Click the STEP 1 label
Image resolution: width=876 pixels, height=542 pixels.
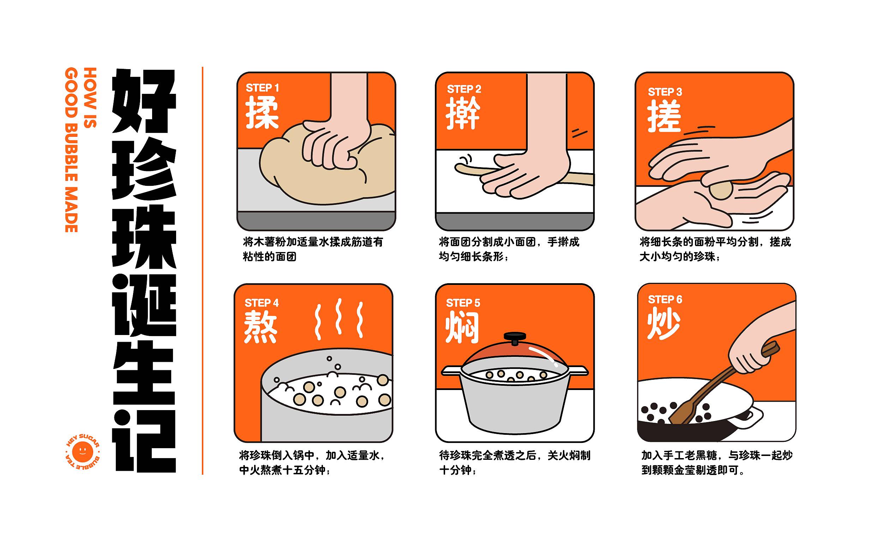262,88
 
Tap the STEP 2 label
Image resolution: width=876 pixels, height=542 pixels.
464,89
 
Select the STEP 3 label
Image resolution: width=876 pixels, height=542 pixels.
665,92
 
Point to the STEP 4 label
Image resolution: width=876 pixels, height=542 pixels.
262,303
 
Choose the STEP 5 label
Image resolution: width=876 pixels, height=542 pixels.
463,303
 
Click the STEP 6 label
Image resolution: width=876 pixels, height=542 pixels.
665,300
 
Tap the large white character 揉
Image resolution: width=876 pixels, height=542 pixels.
262,114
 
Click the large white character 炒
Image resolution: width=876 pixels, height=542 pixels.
664,324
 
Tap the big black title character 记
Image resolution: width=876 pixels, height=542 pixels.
144,441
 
